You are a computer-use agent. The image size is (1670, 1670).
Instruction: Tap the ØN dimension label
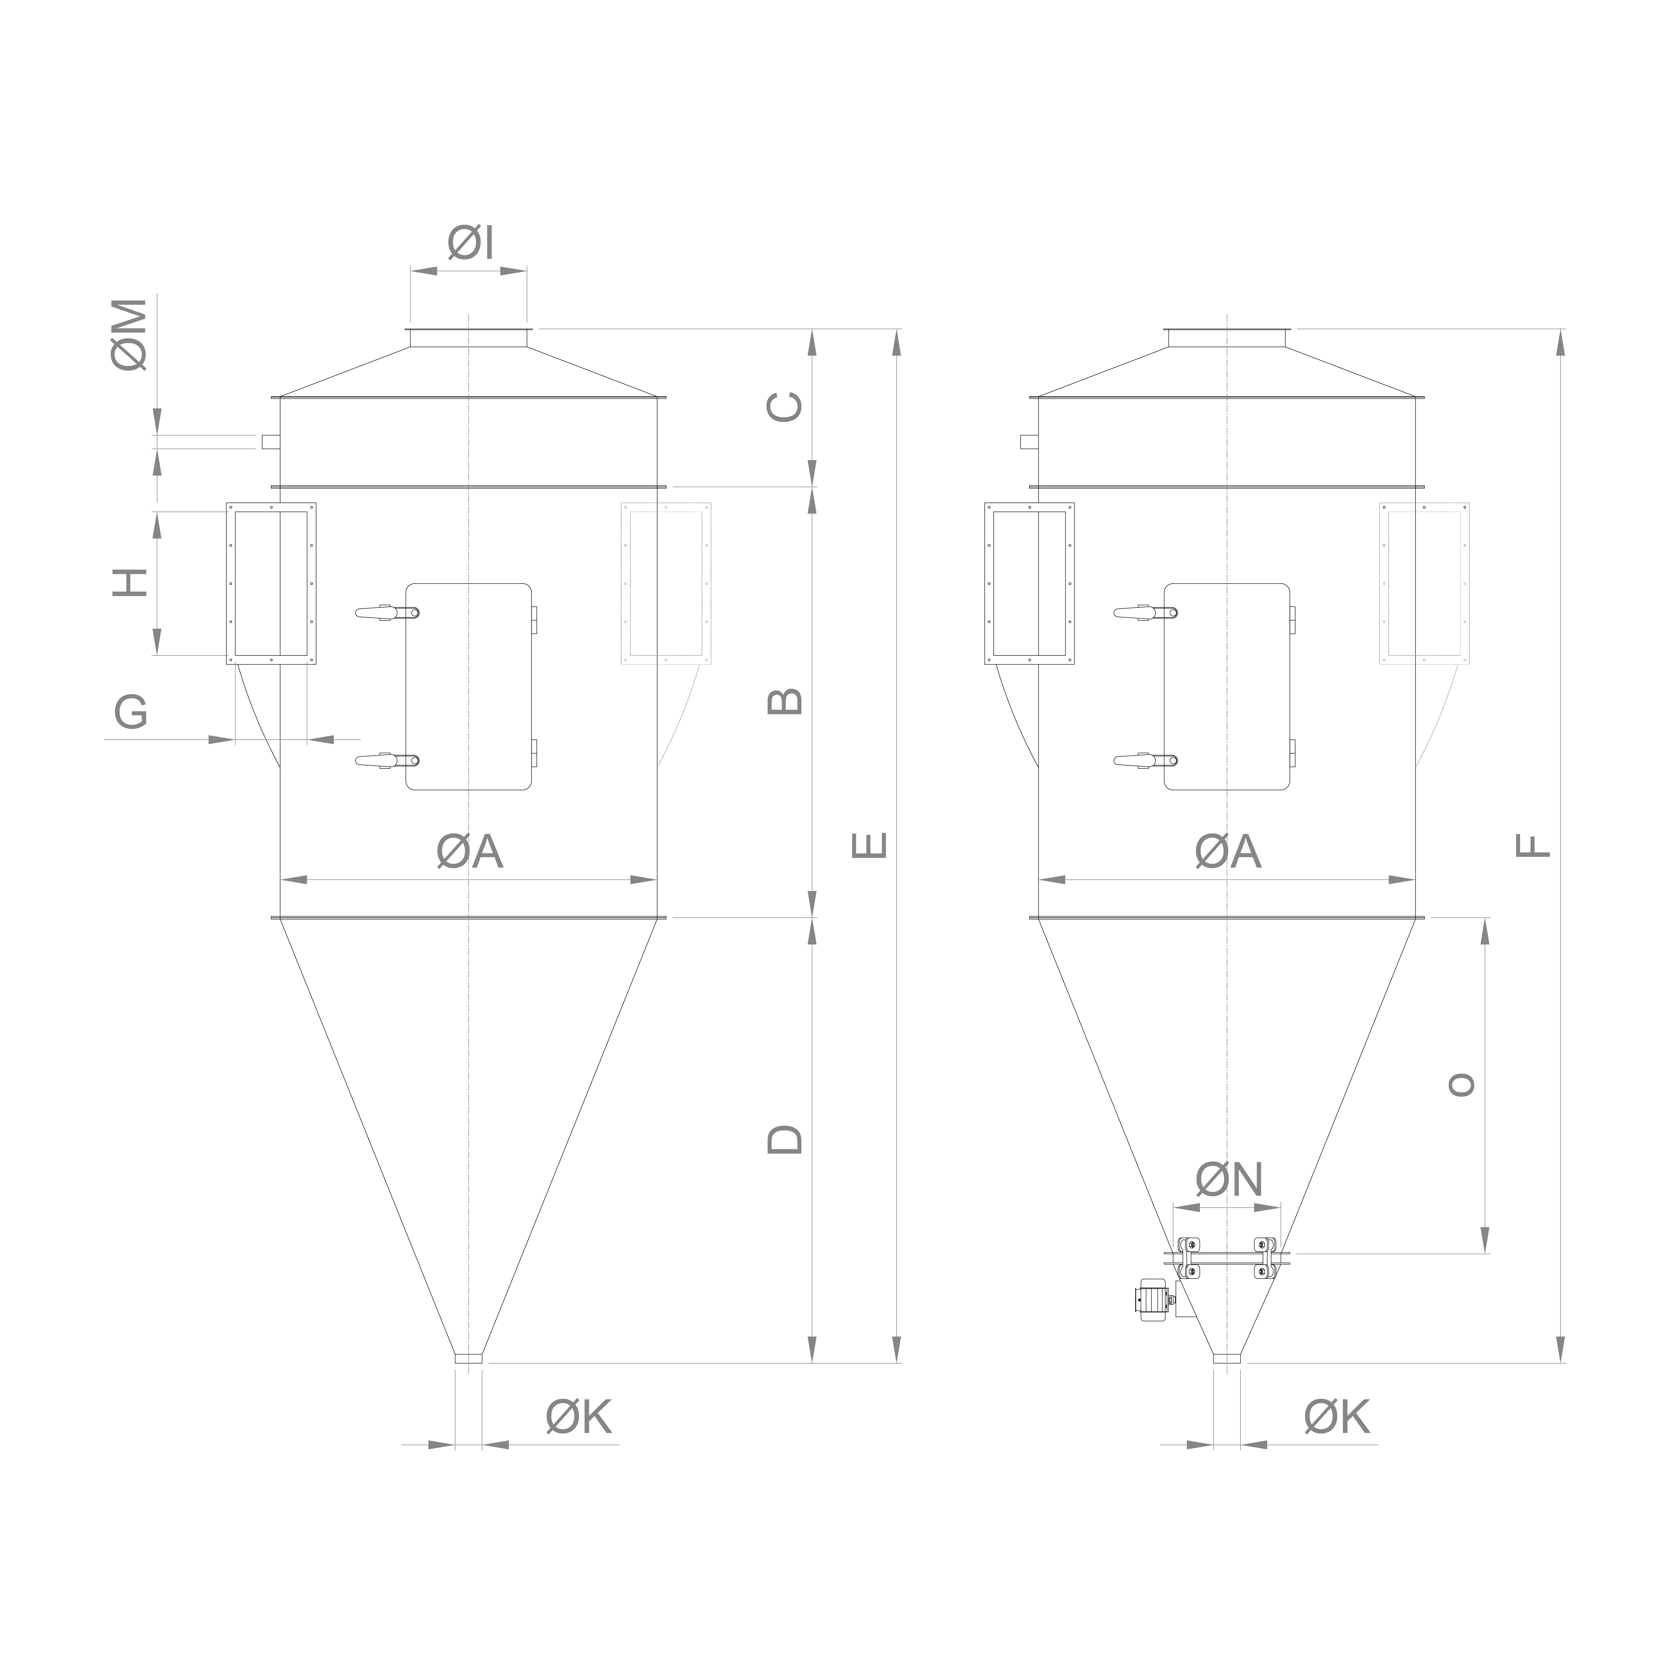click(x=1229, y=1179)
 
